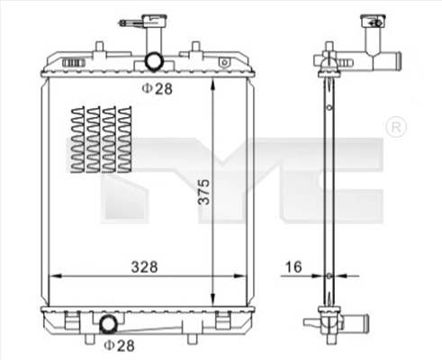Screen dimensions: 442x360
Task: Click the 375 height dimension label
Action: (x=203, y=192)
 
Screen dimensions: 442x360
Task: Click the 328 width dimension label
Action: (x=144, y=266)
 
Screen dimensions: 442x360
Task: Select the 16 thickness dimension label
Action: (x=293, y=267)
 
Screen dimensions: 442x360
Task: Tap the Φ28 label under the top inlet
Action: (x=157, y=88)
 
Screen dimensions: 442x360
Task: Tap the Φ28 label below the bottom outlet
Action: (x=119, y=346)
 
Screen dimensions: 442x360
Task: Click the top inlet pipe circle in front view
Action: (x=154, y=61)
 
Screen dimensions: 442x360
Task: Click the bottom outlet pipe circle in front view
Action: (x=108, y=324)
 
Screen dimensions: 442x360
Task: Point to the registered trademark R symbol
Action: (x=396, y=127)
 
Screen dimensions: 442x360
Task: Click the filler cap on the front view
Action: (x=155, y=21)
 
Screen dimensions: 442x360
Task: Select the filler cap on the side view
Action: (x=373, y=21)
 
